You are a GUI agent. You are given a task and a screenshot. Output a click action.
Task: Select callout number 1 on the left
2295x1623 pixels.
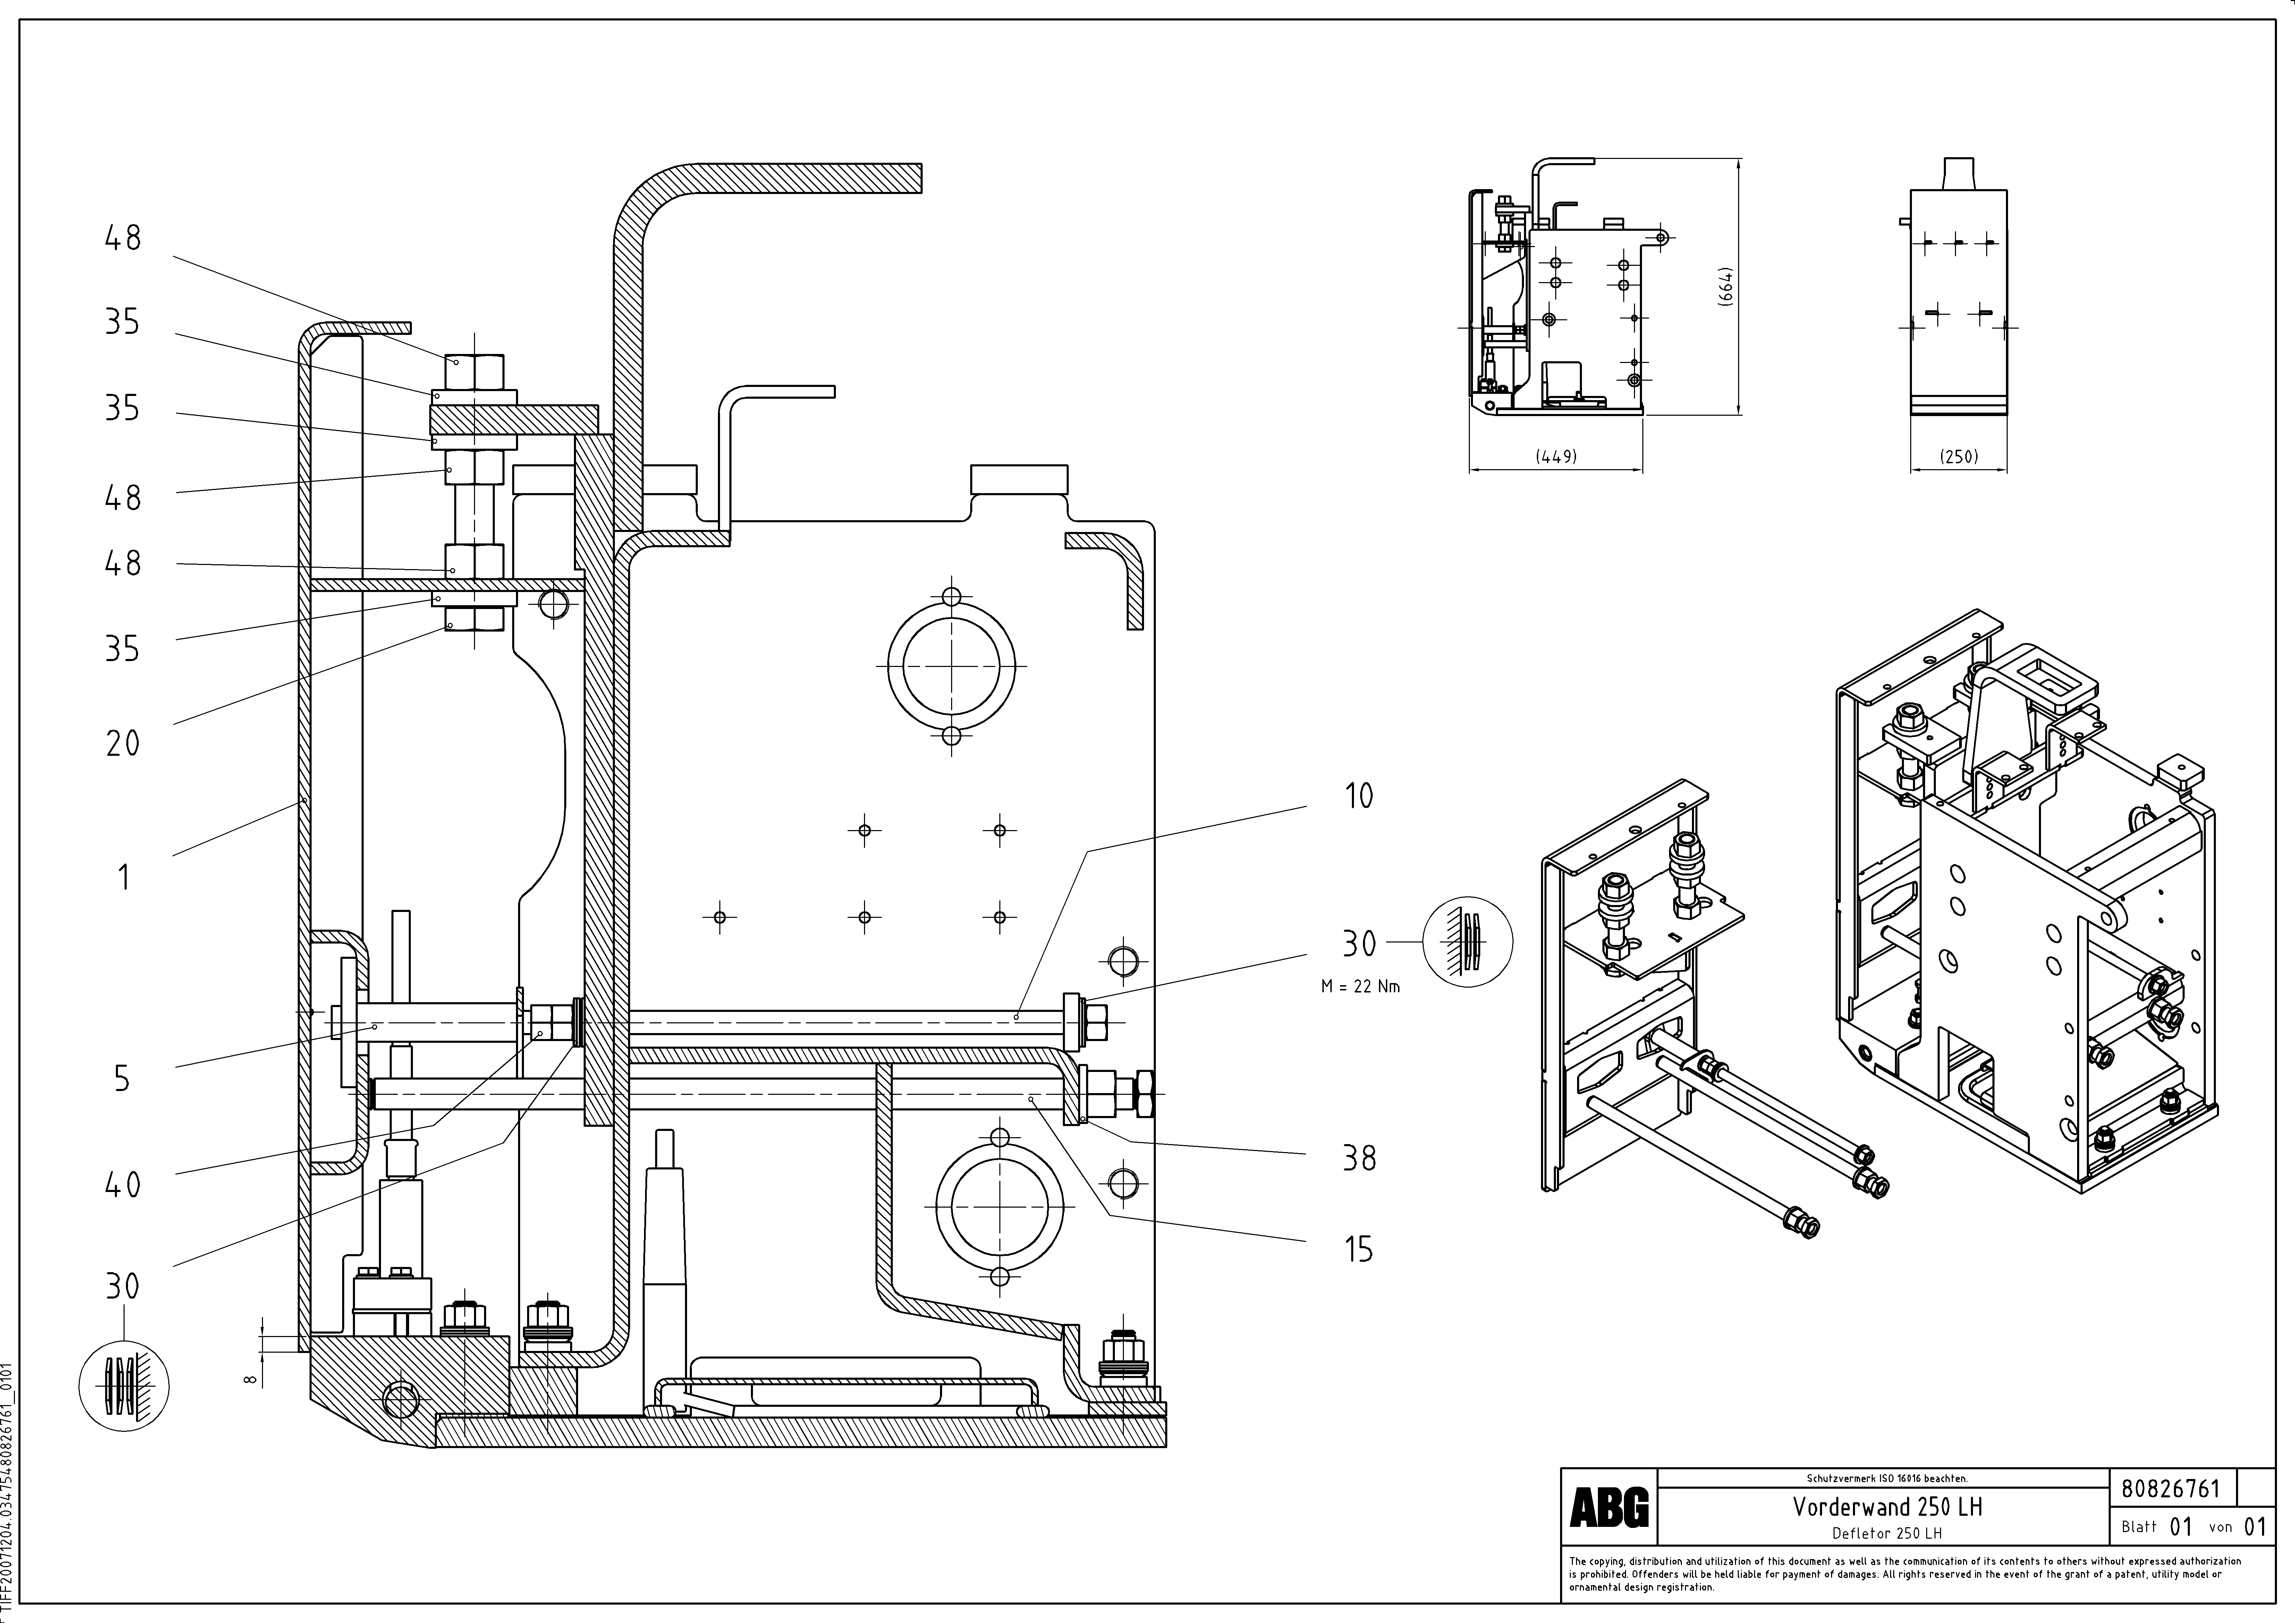coord(123,878)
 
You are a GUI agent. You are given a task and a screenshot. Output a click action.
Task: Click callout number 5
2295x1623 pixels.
coord(122,1078)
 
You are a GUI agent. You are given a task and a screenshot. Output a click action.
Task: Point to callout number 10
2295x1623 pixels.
coord(1358,796)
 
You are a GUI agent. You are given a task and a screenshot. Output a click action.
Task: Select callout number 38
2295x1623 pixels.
coord(1358,1158)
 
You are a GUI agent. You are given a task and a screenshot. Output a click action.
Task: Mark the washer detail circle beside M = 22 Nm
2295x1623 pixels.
coord(1467,942)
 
